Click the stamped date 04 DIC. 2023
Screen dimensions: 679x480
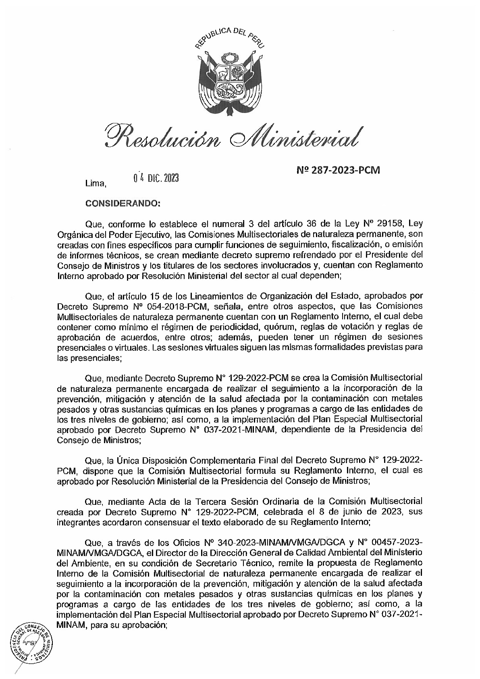pyautogui.click(x=156, y=178)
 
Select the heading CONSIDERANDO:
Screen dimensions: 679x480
pyautogui.click(x=123, y=204)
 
